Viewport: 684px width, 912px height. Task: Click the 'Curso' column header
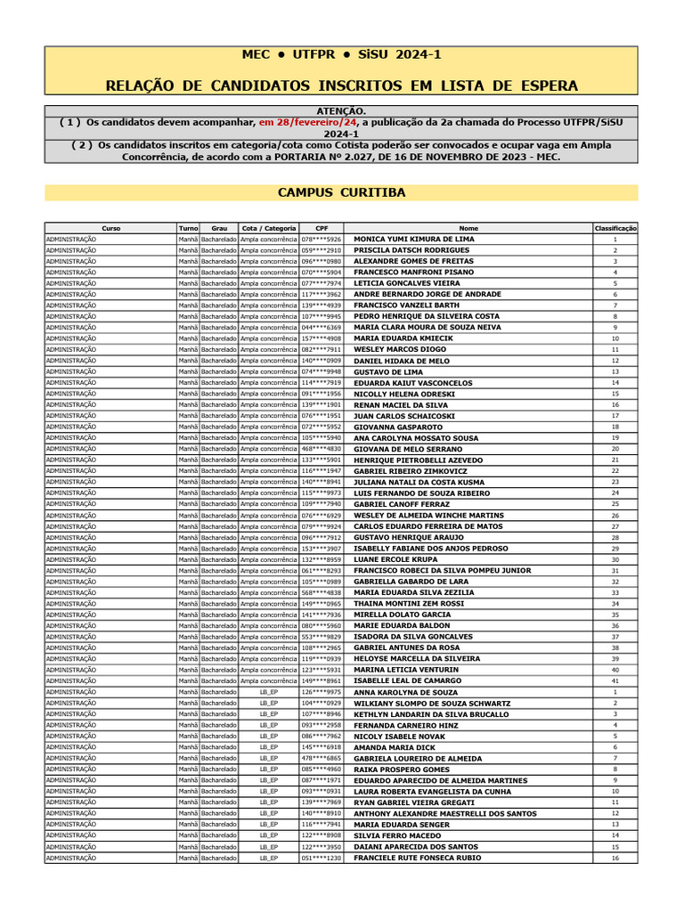[111, 228]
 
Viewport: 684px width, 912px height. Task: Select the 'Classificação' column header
[615, 228]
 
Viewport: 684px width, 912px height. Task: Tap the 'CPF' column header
[321, 228]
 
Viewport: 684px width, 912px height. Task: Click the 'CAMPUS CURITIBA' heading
[341, 192]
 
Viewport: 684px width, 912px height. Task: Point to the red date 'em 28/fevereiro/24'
[308, 121]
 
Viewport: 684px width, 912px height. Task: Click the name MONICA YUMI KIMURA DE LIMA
[414, 240]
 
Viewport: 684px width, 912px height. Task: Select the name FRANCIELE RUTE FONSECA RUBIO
[418, 858]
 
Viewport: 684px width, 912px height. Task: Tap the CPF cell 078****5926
[321, 240]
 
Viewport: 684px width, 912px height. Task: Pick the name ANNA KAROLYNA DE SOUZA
[406, 692]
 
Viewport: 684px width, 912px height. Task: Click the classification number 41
[615, 681]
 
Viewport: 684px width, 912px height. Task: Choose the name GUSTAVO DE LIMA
[388, 371]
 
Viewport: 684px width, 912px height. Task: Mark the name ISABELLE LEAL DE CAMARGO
[408, 681]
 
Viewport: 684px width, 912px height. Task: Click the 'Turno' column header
[188, 228]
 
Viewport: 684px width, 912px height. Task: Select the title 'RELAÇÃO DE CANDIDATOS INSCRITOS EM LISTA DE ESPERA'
[341, 85]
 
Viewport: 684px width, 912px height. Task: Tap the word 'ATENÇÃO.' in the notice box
[341, 110]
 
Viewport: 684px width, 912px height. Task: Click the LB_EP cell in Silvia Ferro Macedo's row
[269, 835]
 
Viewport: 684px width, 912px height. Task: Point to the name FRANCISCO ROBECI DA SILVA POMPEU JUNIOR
[443, 571]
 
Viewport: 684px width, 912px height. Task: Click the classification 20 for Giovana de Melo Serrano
[615, 449]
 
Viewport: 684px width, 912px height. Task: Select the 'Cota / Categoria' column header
[269, 228]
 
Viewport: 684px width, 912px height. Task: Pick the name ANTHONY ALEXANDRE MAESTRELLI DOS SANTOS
[445, 813]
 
